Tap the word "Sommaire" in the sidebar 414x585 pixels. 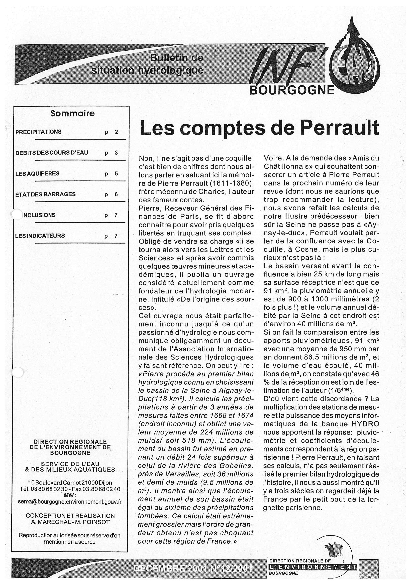pos(72,113)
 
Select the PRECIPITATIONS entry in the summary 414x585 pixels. pos(39,132)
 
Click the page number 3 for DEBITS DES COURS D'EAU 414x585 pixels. pos(116,153)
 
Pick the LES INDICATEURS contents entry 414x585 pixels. pos(40,236)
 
